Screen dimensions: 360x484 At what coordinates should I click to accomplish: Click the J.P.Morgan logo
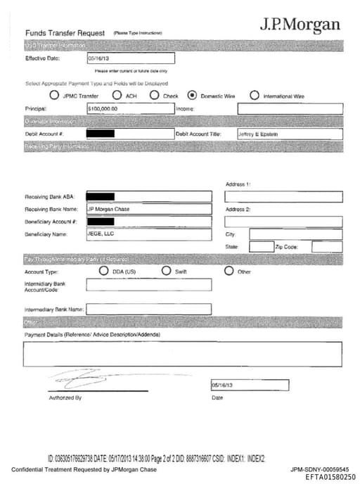[300, 25]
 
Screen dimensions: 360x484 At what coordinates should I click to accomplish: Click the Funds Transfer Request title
[65, 33]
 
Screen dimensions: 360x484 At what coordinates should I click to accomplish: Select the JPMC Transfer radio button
[54, 95]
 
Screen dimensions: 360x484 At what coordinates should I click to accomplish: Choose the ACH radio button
[118, 95]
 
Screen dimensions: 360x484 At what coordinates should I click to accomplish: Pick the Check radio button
[154, 95]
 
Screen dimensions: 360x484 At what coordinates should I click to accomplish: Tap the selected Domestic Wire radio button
[192, 95]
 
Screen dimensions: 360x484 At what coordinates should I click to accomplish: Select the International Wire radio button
[255, 95]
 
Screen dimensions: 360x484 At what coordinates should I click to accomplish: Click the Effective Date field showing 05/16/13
[130, 59]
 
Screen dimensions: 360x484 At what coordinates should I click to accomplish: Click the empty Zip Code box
[327, 247]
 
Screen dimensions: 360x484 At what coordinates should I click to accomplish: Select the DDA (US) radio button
[104, 271]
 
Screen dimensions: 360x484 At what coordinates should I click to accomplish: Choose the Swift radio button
[167, 271]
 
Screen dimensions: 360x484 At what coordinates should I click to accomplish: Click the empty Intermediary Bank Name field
[148, 309]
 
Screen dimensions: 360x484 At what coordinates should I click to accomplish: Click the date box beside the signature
[250, 385]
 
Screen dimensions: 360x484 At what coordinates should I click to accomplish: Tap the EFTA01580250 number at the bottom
[330, 476]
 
